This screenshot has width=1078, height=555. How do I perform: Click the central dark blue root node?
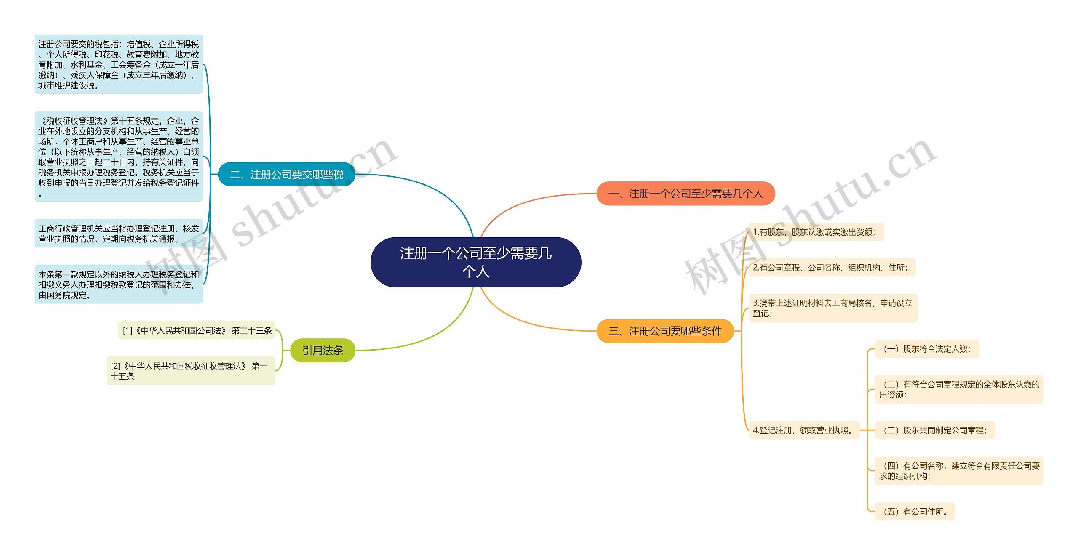(475, 262)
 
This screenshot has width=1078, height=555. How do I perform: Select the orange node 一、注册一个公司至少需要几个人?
(686, 194)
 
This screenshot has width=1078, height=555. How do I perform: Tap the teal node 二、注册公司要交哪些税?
(286, 174)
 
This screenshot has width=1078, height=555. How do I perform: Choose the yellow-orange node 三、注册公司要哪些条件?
(665, 331)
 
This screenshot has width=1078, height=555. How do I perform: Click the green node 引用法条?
(323, 350)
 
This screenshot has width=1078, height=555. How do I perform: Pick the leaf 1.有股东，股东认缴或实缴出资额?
(816, 232)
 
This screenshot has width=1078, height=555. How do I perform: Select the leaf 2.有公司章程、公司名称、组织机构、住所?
(832, 268)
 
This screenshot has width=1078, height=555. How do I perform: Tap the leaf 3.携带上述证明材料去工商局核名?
(833, 308)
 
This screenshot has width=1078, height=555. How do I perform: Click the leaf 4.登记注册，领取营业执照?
(804, 430)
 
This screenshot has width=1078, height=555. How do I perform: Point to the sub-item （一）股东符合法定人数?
(926, 349)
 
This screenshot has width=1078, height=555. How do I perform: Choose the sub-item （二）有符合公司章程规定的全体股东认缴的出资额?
(959, 389)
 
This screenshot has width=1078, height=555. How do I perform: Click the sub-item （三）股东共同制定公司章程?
(934, 430)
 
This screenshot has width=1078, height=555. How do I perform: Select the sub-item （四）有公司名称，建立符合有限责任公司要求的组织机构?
(959, 471)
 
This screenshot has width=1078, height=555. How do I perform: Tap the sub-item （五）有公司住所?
(915, 512)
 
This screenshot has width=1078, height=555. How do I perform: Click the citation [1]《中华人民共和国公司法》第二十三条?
(197, 330)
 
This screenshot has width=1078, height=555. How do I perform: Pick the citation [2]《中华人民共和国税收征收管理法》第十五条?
(191, 371)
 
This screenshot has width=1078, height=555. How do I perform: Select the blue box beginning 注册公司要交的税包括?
(118, 64)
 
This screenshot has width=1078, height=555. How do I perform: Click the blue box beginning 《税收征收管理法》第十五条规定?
(118, 157)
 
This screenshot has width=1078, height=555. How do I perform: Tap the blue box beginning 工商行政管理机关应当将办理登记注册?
(118, 234)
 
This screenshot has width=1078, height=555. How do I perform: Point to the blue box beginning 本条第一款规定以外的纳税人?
(118, 284)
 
